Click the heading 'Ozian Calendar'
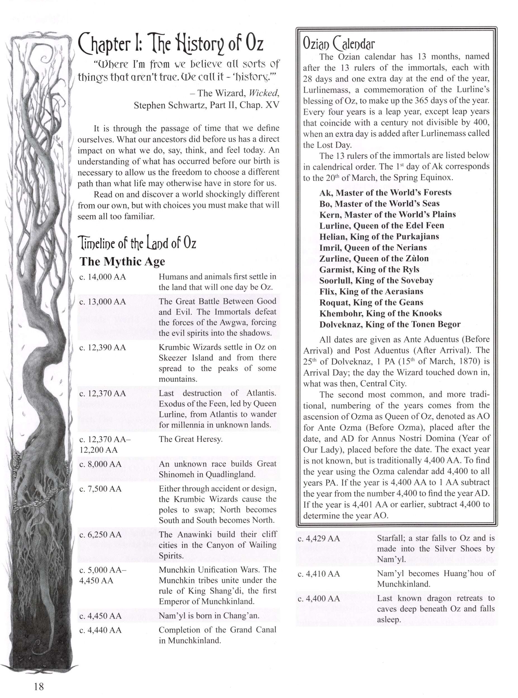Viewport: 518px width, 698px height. [x=339, y=44]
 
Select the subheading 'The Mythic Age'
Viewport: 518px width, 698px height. [x=122, y=261]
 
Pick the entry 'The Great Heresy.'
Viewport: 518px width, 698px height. [x=191, y=439]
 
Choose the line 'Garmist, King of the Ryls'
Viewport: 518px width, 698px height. [x=369, y=269]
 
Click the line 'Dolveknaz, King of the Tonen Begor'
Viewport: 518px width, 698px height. [x=390, y=324]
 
